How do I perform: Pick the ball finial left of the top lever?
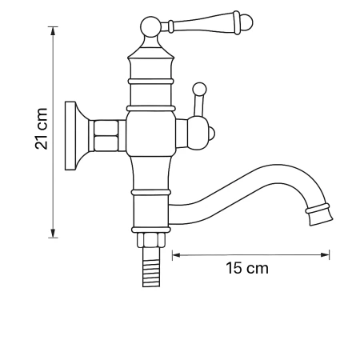[149, 29]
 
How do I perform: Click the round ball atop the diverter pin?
[200, 88]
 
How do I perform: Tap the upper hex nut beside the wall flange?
[107, 126]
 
